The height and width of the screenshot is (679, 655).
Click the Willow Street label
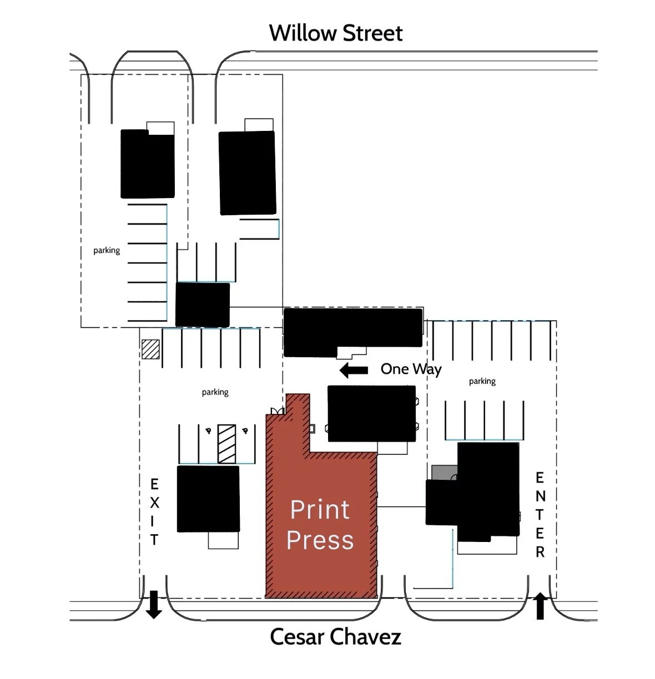pyautogui.click(x=336, y=33)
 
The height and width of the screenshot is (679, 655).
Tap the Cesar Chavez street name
pyautogui.click(x=335, y=636)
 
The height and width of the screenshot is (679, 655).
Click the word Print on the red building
pyautogui.click(x=320, y=510)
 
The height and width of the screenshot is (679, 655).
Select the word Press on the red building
pyautogui.click(x=320, y=540)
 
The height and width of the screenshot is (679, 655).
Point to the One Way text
pyautogui.click(x=411, y=369)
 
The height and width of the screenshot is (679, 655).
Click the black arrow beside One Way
pyautogui.click(x=354, y=370)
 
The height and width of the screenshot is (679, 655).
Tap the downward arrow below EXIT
pyautogui.click(x=153, y=605)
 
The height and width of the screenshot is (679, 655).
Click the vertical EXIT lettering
pyautogui.click(x=154, y=512)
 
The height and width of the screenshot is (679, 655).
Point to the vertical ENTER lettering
pyautogui.click(x=540, y=515)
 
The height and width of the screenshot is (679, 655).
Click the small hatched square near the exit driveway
pyautogui.click(x=150, y=349)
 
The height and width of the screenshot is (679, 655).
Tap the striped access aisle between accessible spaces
pyautogui.click(x=226, y=444)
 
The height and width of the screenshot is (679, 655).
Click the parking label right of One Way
pyautogui.click(x=482, y=381)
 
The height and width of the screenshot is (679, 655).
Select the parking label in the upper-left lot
pyautogui.click(x=107, y=250)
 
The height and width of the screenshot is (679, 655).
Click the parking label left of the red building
pyautogui.click(x=215, y=392)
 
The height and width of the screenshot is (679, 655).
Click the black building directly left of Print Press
pyautogui.click(x=208, y=499)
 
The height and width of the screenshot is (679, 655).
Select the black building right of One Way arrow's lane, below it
pyautogui.click(x=371, y=413)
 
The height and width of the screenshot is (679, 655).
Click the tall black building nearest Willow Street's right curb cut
pyautogui.click(x=248, y=173)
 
